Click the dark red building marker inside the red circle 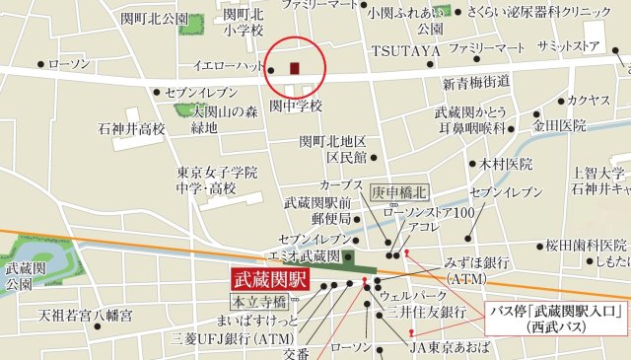click(294, 68)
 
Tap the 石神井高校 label click(131, 128)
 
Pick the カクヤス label click(589, 100)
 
